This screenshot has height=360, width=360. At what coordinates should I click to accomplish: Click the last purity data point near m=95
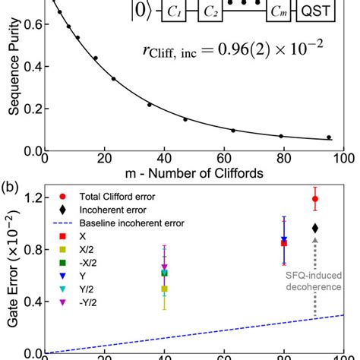[x=329, y=137]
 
